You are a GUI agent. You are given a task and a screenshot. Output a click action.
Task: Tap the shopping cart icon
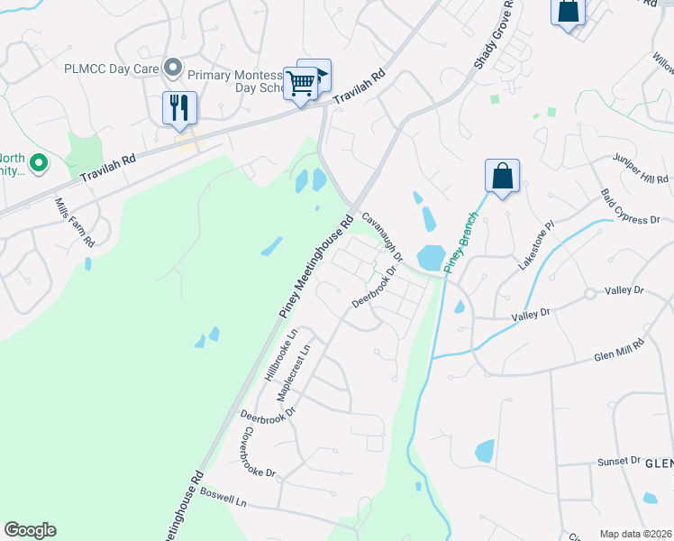pyautogui.click(x=301, y=84)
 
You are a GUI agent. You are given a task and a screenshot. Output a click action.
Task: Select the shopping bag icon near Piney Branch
pyautogui.click(x=502, y=176)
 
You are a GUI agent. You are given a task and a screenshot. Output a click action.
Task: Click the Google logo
pyautogui.click(x=30, y=530)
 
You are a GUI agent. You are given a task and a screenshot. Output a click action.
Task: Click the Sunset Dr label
pyautogui.click(x=618, y=461)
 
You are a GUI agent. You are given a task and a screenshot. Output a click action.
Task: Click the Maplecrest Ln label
pyautogui.click(x=294, y=372)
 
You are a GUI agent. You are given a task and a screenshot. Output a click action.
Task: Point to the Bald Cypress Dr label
pyautogui.click(x=631, y=207)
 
